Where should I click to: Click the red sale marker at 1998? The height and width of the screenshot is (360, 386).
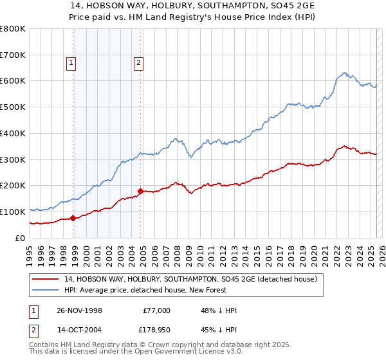pos(73,217)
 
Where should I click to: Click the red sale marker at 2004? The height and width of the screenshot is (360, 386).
pos(140,191)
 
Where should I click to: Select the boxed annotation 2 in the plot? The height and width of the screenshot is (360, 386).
pos(138,63)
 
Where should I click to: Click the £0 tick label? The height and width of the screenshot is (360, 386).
pos(20,238)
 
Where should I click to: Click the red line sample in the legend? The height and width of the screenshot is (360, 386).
pos(46,280)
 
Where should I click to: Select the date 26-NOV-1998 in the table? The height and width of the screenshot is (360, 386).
pos(79,310)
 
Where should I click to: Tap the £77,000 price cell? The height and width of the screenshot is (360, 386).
pos(156,310)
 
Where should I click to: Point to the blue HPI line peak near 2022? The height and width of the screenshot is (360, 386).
pos(345,73)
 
